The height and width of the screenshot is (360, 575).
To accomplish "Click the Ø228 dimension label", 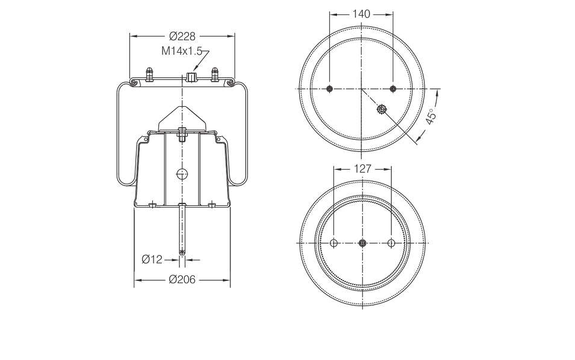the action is [182, 37].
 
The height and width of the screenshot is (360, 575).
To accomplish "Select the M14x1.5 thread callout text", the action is [182, 51].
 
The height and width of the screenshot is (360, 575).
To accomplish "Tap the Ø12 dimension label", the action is [152, 259].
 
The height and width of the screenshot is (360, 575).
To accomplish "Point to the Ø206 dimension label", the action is [182, 280].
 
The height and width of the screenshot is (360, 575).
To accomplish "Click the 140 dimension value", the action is [361, 14].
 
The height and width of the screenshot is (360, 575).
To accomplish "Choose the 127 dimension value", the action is [362, 169].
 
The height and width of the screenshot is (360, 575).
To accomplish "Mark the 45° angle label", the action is [431, 116].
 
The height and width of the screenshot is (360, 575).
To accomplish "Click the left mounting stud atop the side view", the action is [149, 74].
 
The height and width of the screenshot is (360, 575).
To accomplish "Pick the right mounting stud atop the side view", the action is [215, 74].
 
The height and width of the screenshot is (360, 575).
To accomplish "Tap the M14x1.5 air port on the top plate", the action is [191, 77].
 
